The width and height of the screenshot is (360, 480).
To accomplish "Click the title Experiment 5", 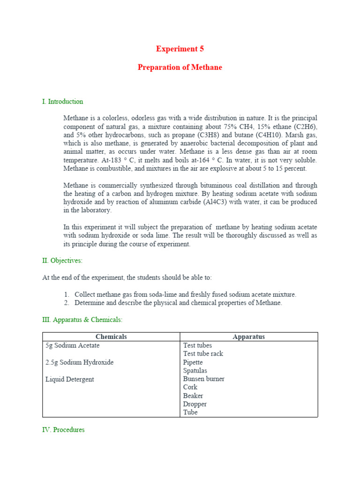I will click(180, 49).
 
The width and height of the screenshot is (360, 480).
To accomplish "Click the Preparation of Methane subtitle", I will click(180, 67).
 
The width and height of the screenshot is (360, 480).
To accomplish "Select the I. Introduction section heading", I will click(62, 102).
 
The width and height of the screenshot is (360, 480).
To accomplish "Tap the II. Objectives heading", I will click(62, 261).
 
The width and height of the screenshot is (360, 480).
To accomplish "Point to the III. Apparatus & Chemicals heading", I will click(82, 320).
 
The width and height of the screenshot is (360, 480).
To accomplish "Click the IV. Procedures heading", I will click(63, 430).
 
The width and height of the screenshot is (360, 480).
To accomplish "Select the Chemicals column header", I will click(111, 337).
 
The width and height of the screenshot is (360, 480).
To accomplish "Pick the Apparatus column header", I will click(248, 337).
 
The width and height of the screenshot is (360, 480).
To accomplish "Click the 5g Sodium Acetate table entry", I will click(73, 346).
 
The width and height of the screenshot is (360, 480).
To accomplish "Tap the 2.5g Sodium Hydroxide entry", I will click(79, 363).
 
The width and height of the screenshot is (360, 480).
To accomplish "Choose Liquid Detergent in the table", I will click(69, 380).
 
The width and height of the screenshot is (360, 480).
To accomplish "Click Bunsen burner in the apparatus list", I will click(203, 379).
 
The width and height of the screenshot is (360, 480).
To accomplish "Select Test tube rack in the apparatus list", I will click(203, 354).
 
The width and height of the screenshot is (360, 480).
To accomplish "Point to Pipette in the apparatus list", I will click(193, 362).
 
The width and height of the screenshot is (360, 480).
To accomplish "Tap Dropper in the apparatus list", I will click(195, 404).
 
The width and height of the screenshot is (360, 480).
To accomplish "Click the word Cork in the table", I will click(190, 387).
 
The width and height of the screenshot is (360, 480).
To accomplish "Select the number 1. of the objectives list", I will click(67, 295).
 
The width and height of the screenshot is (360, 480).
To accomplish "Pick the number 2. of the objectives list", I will click(67, 303).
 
